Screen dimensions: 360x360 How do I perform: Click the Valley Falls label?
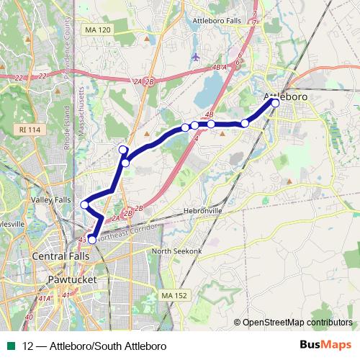click(52, 199)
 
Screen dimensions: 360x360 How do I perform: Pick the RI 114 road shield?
click(27, 129)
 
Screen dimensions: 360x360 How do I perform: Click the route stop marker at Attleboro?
click(275, 103)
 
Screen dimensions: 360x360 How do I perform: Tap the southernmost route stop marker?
click(92, 239)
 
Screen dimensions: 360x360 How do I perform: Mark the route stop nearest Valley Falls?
click(85, 205)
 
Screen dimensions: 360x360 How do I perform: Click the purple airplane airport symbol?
click(196, 56)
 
